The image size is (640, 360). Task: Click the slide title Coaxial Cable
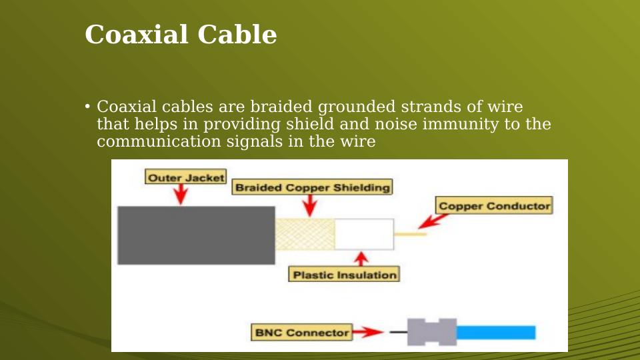click(181, 35)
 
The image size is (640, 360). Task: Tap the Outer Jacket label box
click(186, 177)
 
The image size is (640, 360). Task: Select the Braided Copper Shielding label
click(312, 187)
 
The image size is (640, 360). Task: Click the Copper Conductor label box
click(494, 206)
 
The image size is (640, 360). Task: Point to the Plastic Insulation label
click(344, 274)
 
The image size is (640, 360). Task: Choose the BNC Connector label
click(302, 332)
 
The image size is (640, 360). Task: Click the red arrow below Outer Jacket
click(181, 194)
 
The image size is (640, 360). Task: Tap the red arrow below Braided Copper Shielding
click(309, 206)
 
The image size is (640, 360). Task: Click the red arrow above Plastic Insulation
click(361, 259)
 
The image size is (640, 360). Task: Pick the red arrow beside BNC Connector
click(368, 332)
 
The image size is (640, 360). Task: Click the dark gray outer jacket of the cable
click(196, 235)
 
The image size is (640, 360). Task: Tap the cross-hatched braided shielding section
click(305, 234)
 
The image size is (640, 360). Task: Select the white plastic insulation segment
click(364, 234)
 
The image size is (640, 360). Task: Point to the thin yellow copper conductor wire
click(410, 234)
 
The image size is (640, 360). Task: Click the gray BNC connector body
click(432, 332)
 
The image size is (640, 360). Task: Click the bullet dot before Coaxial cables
click(87, 107)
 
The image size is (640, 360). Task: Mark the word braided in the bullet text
click(280, 107)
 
